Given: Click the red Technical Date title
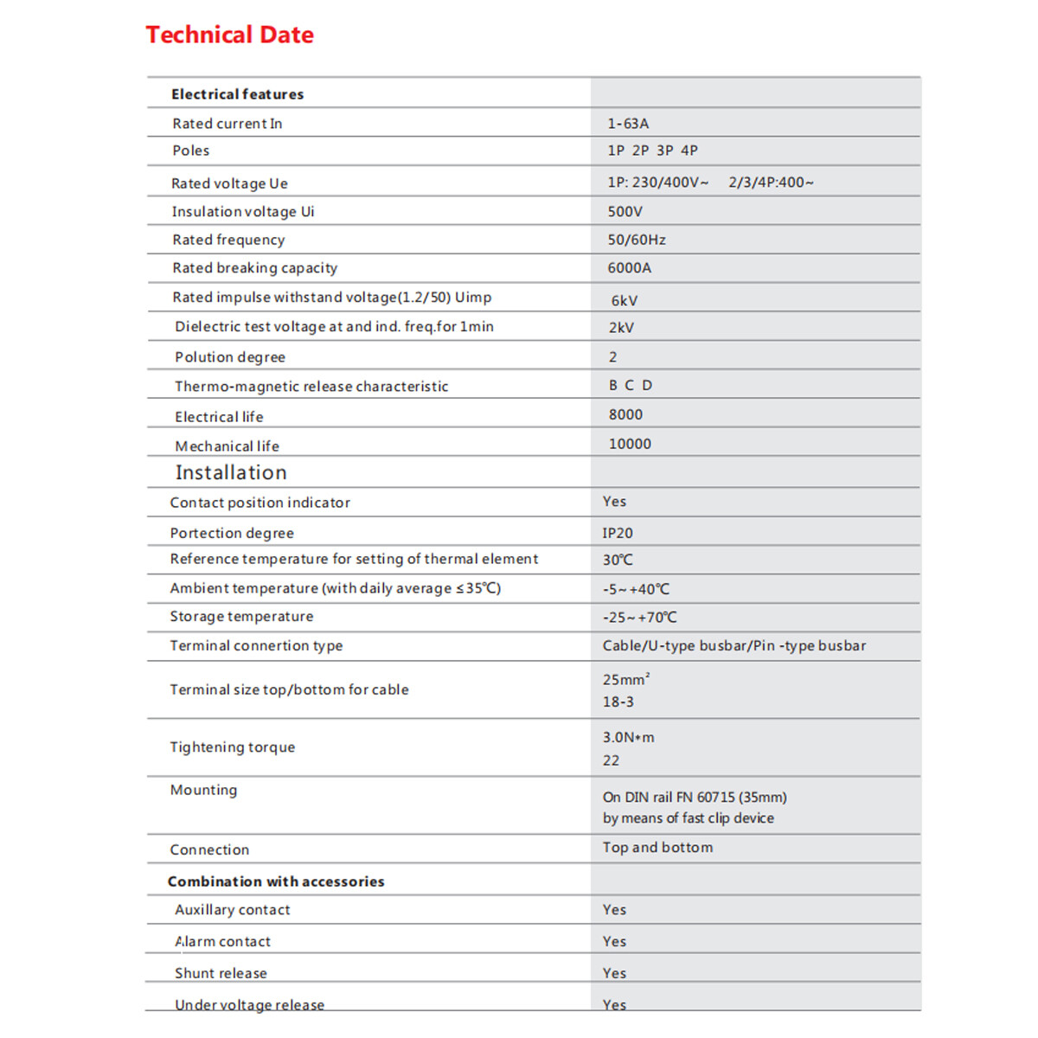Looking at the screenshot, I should tap(229, 35).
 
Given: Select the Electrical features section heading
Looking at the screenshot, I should tap(237, 94).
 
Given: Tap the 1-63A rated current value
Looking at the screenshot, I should tap(628, 124).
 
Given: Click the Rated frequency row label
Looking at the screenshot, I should tap(228, 240).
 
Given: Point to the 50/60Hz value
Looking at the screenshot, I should tap(637, 240).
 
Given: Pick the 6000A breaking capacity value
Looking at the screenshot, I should tap(630, 268).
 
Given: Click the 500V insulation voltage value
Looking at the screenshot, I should tap(625, 212).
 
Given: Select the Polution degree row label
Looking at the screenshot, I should tap(230, 357).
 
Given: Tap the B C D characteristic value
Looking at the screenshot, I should tap(631, 386).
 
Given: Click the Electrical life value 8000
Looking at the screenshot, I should tap(625, 415).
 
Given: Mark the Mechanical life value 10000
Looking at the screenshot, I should tap(630, 444).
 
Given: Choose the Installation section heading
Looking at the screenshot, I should tap(231, 472).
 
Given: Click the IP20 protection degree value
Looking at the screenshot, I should tap(618, 534).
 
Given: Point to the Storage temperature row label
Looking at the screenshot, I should tap(241, 617).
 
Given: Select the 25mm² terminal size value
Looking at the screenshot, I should tap(626, 680).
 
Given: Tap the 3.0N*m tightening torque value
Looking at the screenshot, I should tap(629, 738).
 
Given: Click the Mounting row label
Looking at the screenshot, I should tap(203, 790).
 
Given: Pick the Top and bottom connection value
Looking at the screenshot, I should tap(657, 848).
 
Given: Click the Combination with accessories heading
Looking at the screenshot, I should tap(276, 881).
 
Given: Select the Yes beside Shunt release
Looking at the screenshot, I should tap(614, 973).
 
